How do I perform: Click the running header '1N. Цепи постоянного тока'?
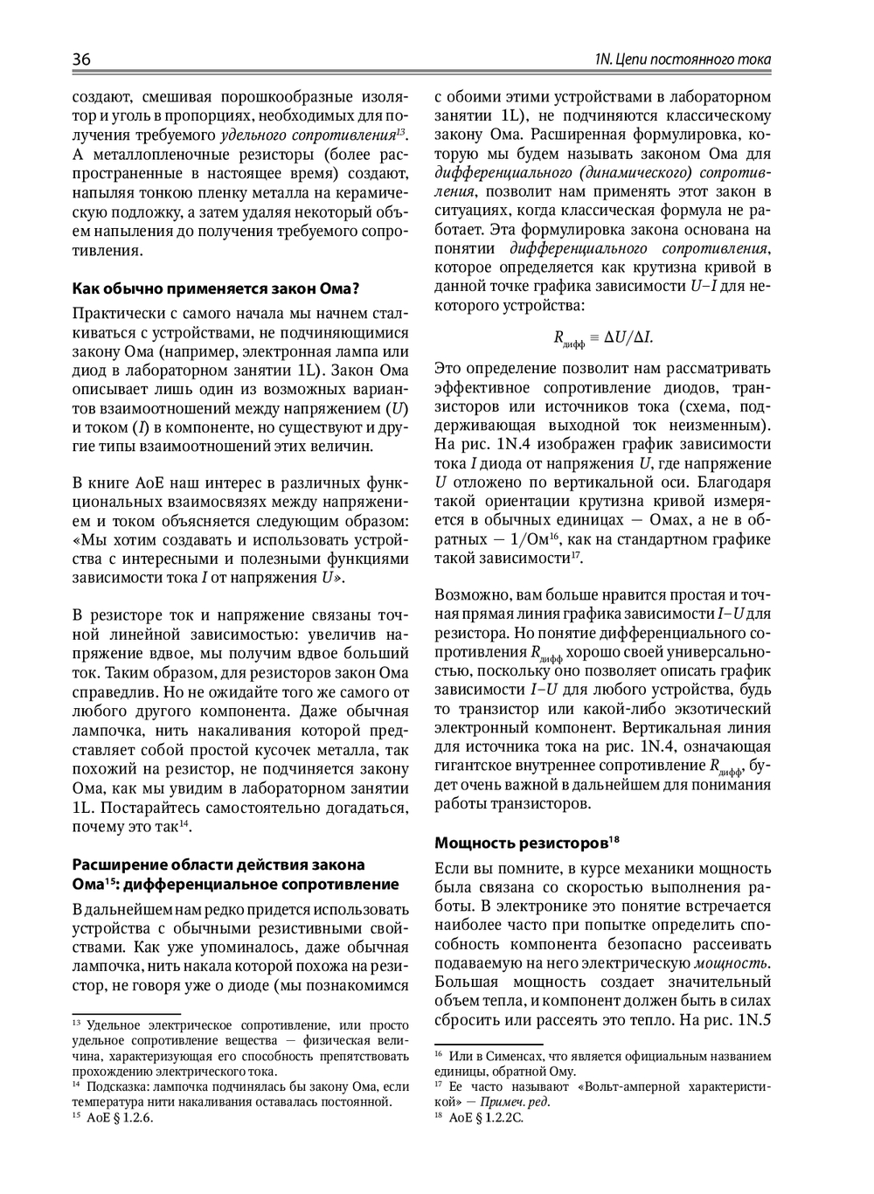[x=682, y=59]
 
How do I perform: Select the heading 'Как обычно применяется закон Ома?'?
[x=216, y=288]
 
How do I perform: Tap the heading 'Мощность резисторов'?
[x=522, y=843]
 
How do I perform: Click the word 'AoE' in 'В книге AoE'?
[x=145, y=483]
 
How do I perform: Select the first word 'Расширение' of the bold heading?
[x=119, y=864]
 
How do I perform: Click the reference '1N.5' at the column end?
[x=753, y=1019]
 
